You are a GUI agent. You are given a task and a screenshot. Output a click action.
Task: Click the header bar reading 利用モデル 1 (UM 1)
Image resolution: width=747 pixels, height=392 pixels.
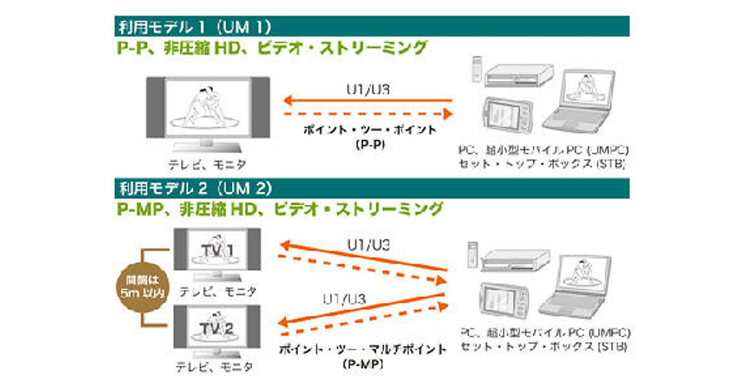tap(372, 26)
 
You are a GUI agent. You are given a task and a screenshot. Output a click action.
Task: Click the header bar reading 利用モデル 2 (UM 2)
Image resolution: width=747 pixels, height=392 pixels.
tap(372, 188)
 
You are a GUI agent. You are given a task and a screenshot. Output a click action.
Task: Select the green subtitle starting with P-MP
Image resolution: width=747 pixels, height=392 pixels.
tap(280, 209)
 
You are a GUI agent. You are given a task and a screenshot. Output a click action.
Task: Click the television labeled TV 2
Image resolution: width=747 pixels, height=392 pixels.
tap(216, 327)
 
